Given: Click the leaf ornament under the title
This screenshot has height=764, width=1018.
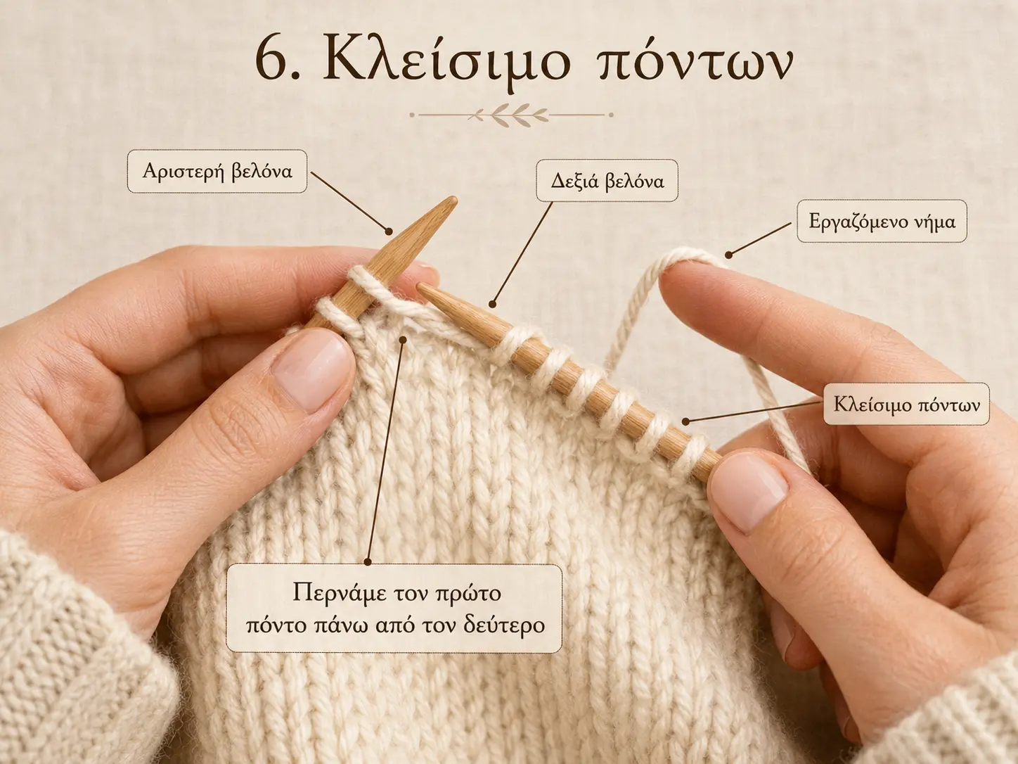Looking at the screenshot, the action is (x=512, y=115).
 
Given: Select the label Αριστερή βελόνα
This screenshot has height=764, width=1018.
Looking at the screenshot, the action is (x=217, y=171).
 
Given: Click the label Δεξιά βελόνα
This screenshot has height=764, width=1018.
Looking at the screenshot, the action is (x=607, y=180).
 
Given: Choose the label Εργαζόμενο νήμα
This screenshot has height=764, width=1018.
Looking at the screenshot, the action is (x=882, y=222).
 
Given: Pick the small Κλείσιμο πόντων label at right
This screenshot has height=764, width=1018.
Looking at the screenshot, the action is (x=906, y=404).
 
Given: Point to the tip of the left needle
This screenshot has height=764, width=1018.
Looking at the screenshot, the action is (x=454, y=200).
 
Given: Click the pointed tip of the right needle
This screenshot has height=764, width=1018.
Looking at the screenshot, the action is (x=420, y=286).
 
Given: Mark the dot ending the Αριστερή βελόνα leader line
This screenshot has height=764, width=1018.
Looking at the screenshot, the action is (x=389, y=231).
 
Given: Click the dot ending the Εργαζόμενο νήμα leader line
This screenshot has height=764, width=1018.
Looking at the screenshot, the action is (x=728, y=255).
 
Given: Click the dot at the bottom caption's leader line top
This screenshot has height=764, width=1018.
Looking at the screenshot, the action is (x=403, y=340).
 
